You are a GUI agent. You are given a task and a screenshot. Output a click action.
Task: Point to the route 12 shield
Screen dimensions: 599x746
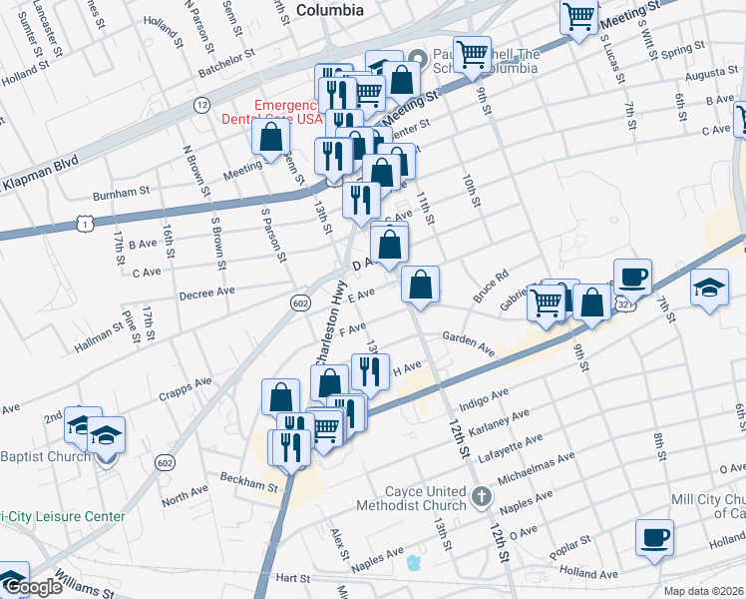(x=202, y=105)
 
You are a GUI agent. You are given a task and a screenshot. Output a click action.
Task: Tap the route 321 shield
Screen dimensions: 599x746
(x=625, y=301)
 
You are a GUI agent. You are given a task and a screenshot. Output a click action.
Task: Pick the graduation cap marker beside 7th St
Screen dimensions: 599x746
(x=709, y=290)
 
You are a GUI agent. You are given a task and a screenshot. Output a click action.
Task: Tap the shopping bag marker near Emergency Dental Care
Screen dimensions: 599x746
(x=270, y=136)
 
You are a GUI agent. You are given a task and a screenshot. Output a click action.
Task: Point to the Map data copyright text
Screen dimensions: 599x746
(x=703, y=591)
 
